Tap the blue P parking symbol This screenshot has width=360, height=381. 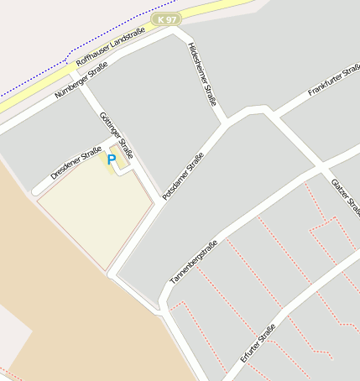click(x=112, y=159)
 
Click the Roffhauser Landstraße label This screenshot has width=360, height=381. click(x=110, y=45)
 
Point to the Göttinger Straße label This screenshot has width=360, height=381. click(x=116, y=136)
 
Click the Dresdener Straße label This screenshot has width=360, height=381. click(x=76, y=163)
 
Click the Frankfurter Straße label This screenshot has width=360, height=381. click(x=333, y=81)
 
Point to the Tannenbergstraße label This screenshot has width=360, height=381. click(x=194, y=260)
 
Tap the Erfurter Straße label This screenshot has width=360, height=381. click(x=258, y=343)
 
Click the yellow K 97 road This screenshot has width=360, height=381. click(x=210, y=10)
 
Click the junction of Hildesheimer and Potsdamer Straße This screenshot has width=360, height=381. click(x=225, y=123)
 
